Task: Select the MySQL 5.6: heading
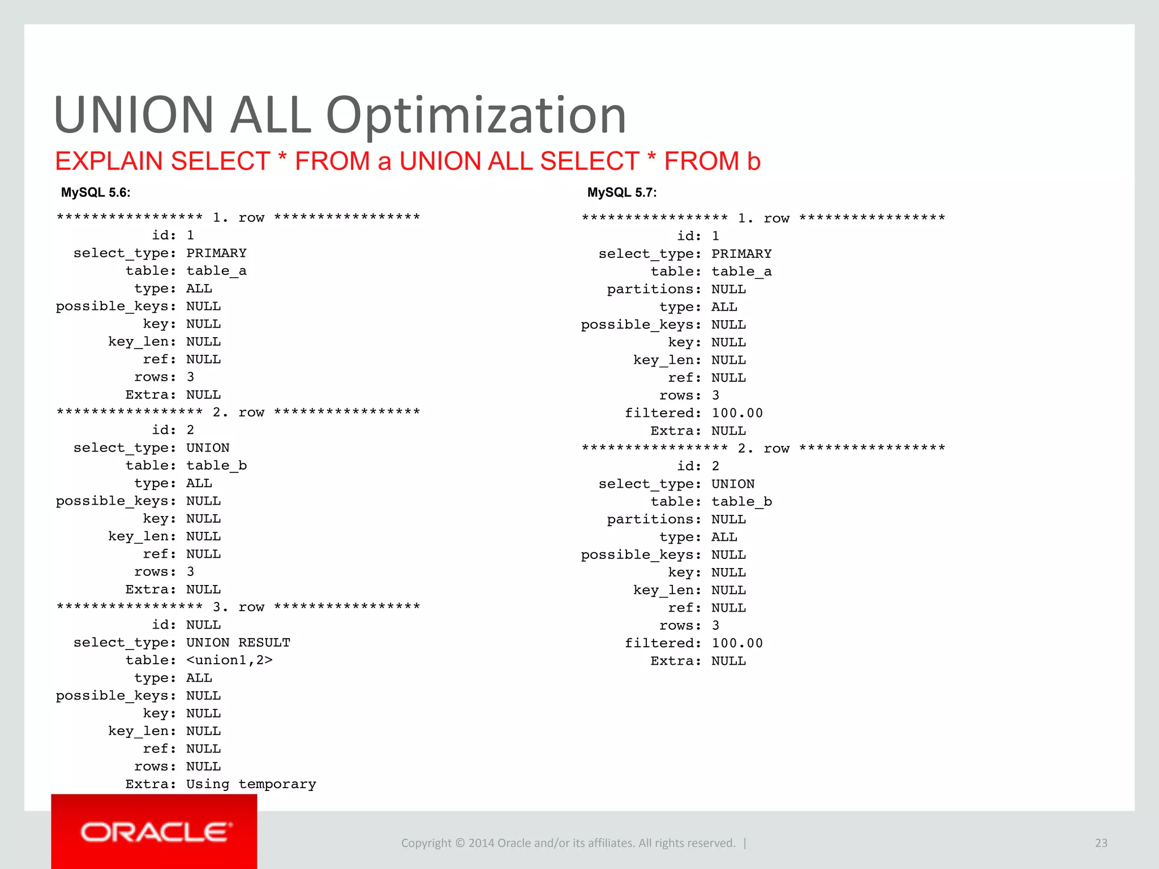point(96,192)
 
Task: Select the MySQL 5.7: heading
point(622,192)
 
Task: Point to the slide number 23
point(1101,843)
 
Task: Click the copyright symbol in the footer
point(460,843)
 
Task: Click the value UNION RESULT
point(238,643)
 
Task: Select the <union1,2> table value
point(229,660)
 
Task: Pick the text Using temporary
point(251,784)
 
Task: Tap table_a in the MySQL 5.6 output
point(216,271)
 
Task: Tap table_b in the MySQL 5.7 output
point(741,502)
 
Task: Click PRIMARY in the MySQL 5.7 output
point(741,254)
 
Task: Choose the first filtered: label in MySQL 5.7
point(663,413)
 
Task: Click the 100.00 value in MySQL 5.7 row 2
point(737,643)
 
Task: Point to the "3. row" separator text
point(238,607)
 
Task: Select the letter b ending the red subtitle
point(753,161)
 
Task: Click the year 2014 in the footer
point(481,843)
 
